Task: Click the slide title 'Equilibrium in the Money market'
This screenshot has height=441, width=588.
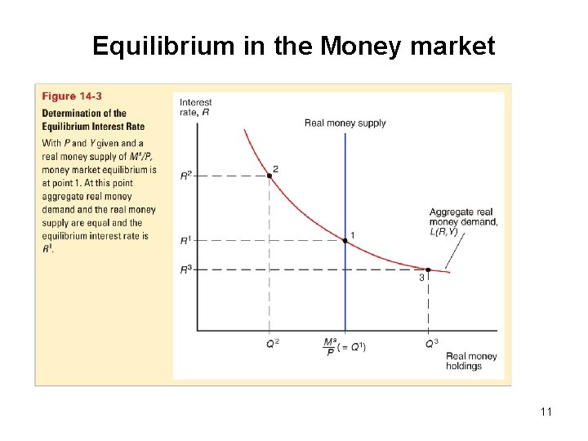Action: (x=293, y=46)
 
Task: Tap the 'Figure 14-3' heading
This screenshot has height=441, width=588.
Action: (x=72, y=96)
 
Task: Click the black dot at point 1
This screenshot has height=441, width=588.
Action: (x=345, y=241)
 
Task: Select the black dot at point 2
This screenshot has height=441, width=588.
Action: (x=269, y=175)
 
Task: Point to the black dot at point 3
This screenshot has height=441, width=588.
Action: (x=428, y=269)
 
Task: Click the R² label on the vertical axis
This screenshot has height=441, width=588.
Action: (x=186, y=174)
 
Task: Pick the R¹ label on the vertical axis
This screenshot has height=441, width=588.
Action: (x=186, y=240)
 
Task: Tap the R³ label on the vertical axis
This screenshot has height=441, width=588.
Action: (x=186, y=269)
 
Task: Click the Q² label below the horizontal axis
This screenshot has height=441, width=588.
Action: (x=272, y=344)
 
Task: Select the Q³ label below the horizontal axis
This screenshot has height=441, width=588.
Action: (x=430, y=344)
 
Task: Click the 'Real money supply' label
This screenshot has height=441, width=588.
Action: (x=345, y=123)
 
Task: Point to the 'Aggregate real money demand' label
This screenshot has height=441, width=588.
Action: (x=463, y=218)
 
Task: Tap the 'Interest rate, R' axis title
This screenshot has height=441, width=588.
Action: (x=195, y=107)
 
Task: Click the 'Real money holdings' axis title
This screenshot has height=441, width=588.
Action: (x=471, y=361)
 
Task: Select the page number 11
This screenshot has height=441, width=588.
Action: (x=546, y=412)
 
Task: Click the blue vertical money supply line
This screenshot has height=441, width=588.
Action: (x=345, y=196)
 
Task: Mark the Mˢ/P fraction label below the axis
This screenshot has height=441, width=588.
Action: (x=330, y=346)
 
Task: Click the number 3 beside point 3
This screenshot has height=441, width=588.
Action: (x=421, y=278)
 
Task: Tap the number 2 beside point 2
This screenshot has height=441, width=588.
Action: (x=276, y=168)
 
